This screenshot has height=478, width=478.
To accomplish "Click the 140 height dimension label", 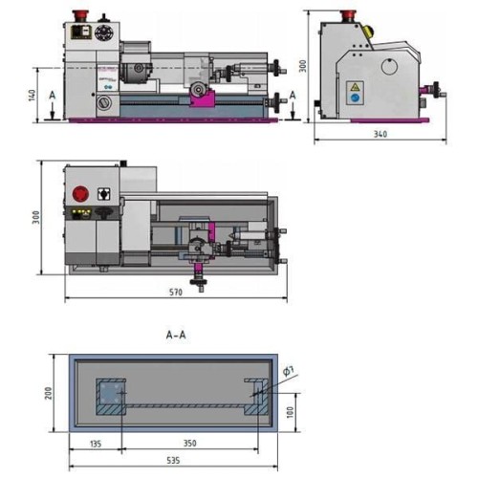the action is click(32, 95).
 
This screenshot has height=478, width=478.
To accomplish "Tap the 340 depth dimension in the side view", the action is click(380, 134).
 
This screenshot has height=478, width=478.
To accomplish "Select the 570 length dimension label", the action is click(176, 292).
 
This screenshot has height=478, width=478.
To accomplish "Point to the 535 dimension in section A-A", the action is click(173, 460).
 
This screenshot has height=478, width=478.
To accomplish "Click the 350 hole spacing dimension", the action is click(189, 443).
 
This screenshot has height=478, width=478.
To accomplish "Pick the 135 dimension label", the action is click(96, 444).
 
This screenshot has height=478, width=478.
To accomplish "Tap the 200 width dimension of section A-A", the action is click(48, 393).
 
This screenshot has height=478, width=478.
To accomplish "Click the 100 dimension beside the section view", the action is click(290, 412).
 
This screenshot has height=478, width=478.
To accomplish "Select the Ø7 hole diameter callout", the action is click(289, 371).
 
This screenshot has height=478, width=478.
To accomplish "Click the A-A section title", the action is click(176, 335).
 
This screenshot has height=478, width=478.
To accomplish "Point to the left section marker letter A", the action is click(53, 95).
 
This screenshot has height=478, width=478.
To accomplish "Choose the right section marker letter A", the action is click(293, 95).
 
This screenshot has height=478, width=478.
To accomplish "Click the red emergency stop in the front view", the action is click(80, 15).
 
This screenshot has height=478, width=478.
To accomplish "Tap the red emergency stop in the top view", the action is click(80, 193).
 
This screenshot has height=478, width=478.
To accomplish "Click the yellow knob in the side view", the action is click(368, 32).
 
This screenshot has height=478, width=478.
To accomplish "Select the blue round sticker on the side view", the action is click(355, 98).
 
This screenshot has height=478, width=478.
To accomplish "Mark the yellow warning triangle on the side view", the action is click(355, 87).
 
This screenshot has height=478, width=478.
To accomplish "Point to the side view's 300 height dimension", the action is click(303, 66).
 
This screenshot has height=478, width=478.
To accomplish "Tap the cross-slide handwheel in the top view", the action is click(198, 282).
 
